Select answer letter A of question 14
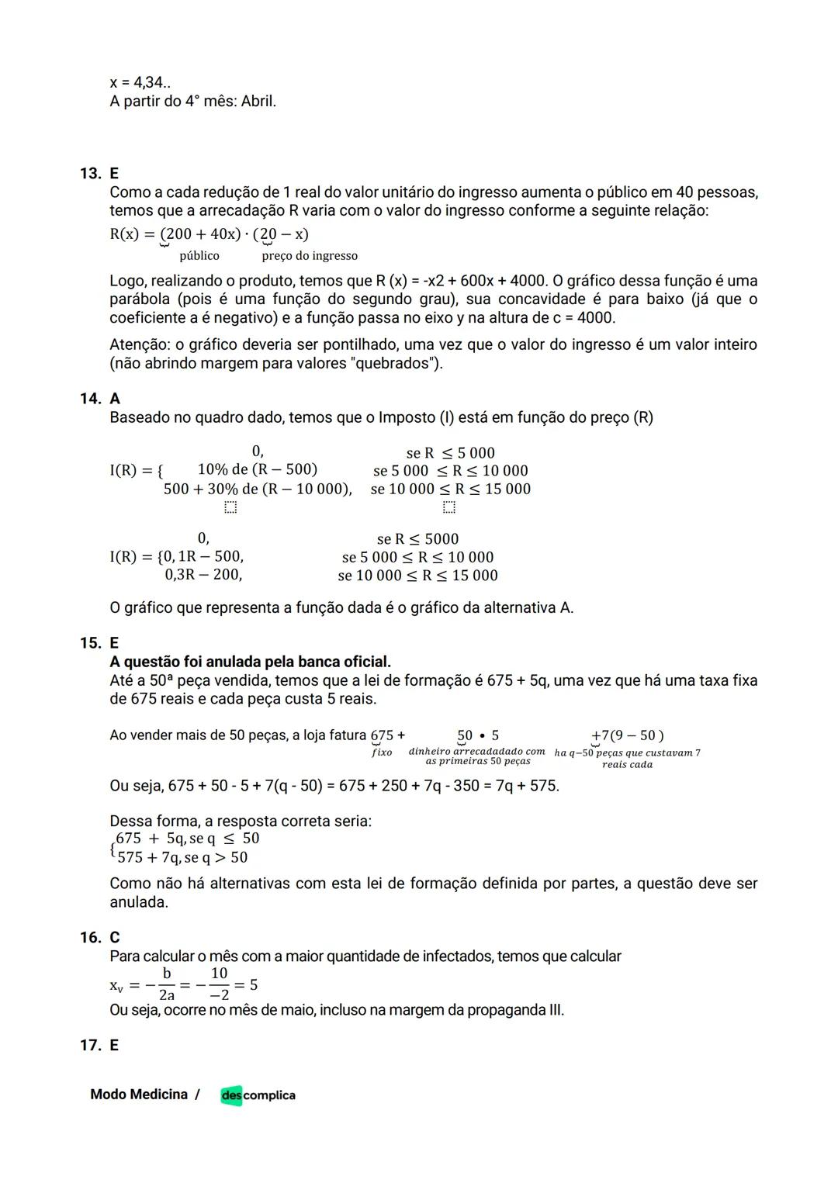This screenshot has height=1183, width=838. [x=115, y=399]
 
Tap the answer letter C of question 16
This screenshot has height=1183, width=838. [x=115, y=937]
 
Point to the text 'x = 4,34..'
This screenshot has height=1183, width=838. [x=140, y=82]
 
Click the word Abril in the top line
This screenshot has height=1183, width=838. [x=258, y=102]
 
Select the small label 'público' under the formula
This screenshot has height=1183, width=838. [x=199, y=256]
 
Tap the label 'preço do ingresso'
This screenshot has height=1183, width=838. [x=310, y=256]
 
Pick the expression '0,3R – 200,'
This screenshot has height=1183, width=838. [x=203, y=575]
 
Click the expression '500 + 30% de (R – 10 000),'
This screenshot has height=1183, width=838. [x=258, y=489]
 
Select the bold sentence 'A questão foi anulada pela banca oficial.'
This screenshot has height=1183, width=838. [x=250, y=662]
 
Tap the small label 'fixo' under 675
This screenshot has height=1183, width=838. [x=382, y=752]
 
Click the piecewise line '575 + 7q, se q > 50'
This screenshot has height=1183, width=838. [x=182, y=857]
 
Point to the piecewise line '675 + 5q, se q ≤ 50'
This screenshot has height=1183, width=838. [x=187, y=839]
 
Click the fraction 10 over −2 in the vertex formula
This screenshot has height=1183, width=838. [x=219, y=984]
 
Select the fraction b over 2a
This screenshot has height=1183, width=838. [x=166, y=984]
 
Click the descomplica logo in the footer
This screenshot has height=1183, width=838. [x=258, y=1095]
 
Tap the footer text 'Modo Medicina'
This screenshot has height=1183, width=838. [x=139, y=1095]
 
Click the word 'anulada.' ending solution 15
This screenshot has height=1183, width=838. [x=138, y=902]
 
